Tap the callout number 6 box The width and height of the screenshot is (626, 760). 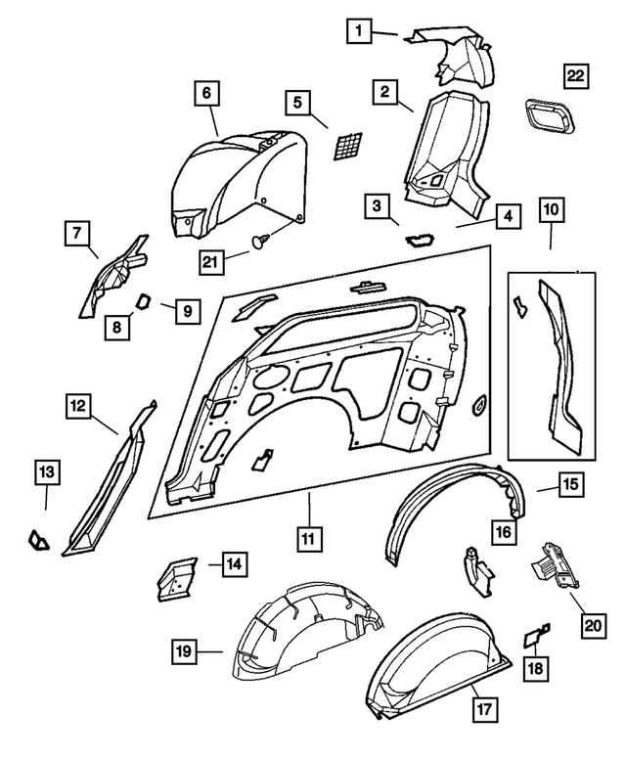(x=206, y=93)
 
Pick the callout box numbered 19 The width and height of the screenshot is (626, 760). (x=183, y=649)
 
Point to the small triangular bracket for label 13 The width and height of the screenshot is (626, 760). (x=37, y=537)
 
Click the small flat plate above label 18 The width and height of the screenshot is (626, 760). (x=536, y=637)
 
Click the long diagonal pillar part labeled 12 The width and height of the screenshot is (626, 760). (x=108, y=479)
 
